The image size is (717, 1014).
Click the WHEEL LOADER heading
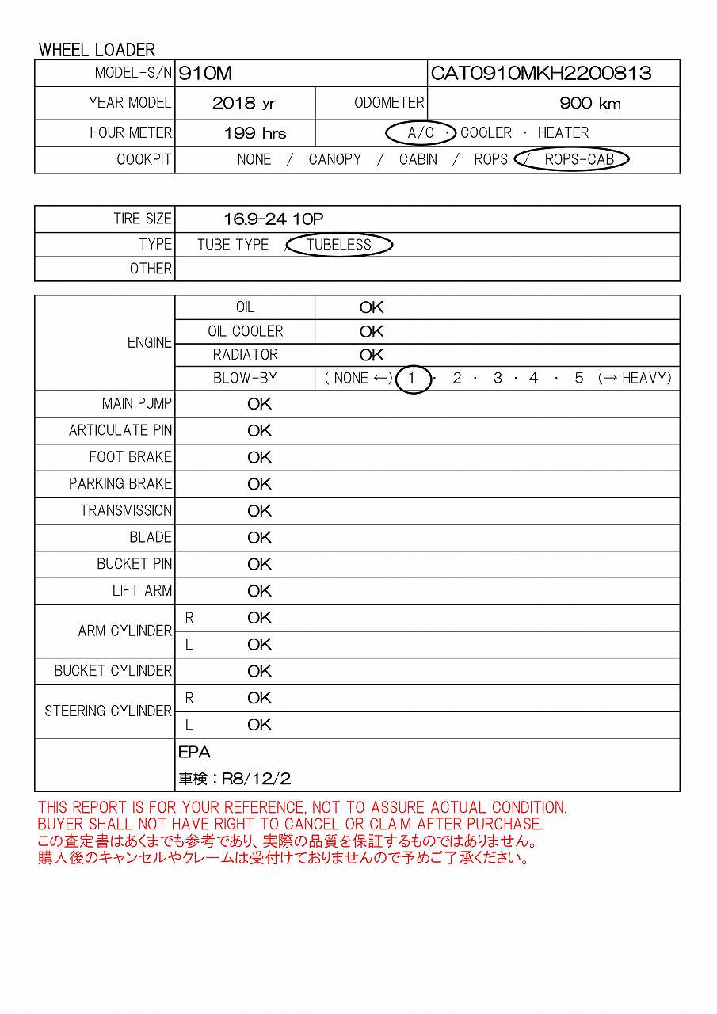coord(97,50)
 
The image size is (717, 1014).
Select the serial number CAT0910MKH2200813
coord(540,74)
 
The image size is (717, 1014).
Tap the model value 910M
coord(206,74)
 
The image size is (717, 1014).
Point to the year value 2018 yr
coord(244,104)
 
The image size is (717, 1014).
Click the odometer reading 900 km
coord(589,104)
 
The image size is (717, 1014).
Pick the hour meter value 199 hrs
coord(255,133)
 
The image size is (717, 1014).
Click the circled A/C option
coord(421,133)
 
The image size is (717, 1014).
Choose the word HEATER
coord(563,133)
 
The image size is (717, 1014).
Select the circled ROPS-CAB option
coord(579,159)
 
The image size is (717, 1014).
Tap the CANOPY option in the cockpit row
coord(334,159)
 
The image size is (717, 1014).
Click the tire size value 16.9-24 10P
coord(273,219)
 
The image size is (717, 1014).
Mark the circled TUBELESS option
coord(339,245)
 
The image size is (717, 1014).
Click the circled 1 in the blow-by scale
coord(411,379)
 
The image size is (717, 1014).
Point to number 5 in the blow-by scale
coord(579,379)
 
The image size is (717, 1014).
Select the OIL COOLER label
coord(245,331)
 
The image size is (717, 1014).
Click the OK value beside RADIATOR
coord(372,355)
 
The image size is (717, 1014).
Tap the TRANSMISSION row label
coord(126,510)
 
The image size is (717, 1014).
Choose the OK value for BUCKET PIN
coord(259,564)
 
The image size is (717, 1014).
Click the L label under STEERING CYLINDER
coord(189,725)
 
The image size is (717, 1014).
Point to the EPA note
coord(194,753)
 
